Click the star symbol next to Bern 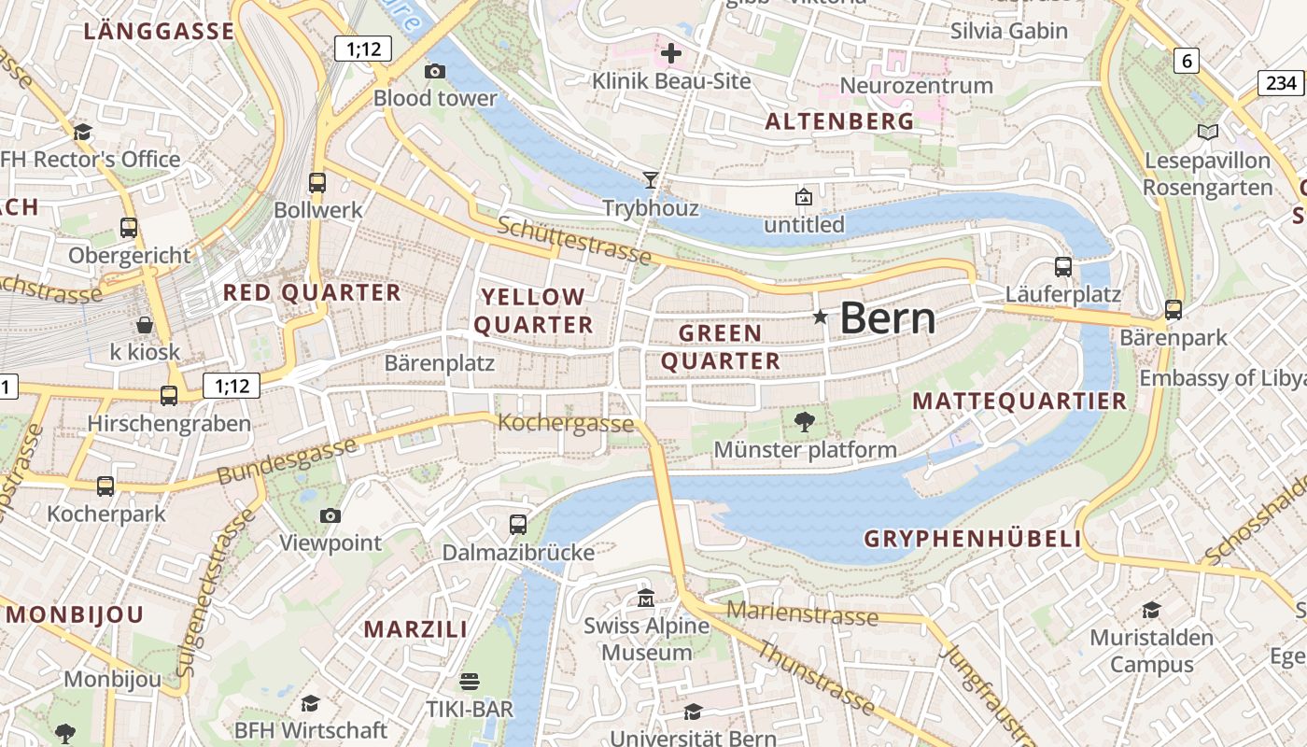[821, 317]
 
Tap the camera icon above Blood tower [434, 71]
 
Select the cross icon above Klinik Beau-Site [670, 53]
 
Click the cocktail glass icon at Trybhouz [651, 179]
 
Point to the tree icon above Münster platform [804, 422]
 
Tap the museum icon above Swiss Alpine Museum [645, 598]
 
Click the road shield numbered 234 [1282, 83]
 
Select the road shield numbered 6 [1186, 62]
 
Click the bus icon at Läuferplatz [1062, 266]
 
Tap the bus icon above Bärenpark [1173, 309]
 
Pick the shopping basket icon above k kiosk [145, 324]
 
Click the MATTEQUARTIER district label [1019, 402]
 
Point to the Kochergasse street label [566, 423]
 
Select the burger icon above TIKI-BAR [470, 681]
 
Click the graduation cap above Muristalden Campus [1151, 610]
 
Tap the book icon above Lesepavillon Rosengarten [1208, 133]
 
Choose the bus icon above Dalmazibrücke [518, 524]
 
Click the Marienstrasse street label [802, 613]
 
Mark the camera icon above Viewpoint [330, 515]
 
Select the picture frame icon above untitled [803, 197]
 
